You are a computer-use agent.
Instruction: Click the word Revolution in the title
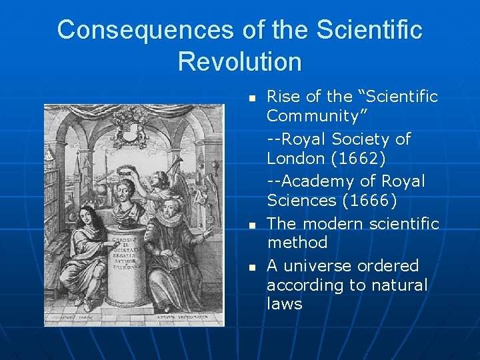tap(239, 61)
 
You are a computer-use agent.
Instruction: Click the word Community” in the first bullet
tap(313, 116)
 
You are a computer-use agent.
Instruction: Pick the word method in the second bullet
tap(297, 242)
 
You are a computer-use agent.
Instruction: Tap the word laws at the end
tap(284, 304)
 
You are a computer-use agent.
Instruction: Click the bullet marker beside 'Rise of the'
tap(252, 98)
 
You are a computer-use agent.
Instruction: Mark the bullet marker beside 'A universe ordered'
tap(252, 267)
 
